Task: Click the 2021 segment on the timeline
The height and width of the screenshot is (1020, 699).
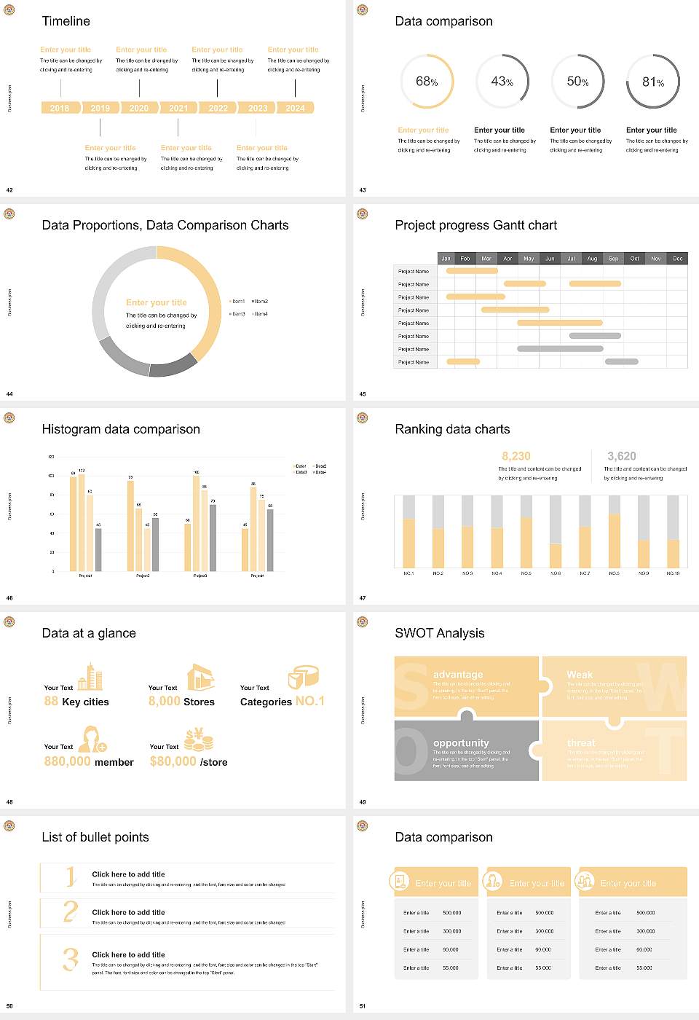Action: pos(178,108)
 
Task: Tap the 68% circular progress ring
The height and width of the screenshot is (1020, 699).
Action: pos(427,81)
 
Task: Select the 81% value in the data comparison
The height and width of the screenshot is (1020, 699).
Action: pos(652,82)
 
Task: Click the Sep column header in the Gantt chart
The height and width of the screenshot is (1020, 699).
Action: pos(613,259)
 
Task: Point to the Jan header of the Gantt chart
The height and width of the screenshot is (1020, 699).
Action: pos(446,259)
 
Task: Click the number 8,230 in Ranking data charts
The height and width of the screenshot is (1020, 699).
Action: pos(516,456)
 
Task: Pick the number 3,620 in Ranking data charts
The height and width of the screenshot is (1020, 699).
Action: pos(621,456)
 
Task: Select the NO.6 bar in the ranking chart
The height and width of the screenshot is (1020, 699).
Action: pos(556,532)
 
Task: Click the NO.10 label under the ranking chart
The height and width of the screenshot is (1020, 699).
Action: pos(673,573)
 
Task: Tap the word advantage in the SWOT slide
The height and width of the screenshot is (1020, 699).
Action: pos(458,675)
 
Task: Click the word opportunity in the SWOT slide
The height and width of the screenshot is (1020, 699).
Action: pos(461,742)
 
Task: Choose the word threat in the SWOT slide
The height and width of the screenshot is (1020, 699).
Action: pos(581,742)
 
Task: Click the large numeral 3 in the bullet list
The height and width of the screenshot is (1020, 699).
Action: pos(71,959)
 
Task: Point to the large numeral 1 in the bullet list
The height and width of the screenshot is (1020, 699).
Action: pos(71,876)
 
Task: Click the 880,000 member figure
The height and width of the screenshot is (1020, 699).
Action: pos(68,761)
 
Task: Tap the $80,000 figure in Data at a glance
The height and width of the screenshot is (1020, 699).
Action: pos(173,761)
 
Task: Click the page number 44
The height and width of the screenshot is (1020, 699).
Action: pos(9,394)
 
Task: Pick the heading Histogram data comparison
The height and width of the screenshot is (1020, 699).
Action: pos(121,429)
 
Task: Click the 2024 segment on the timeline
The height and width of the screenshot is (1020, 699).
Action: pos(295,108)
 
